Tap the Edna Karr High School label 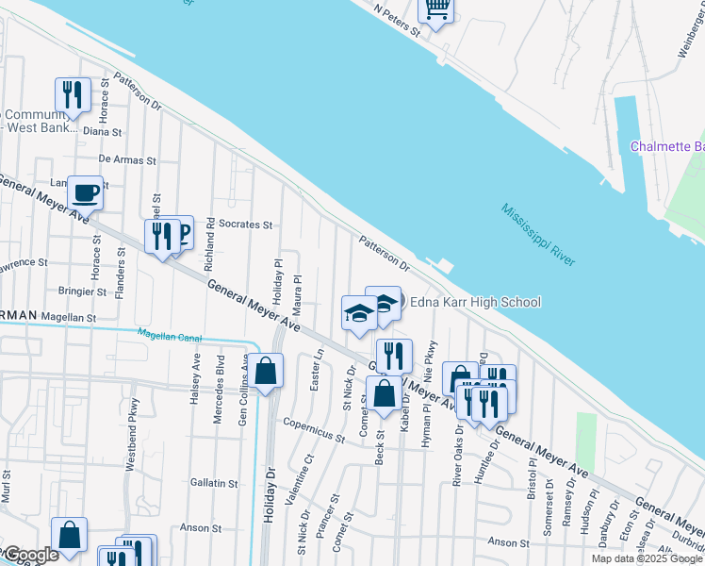[475, 302]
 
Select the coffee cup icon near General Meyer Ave [85, 192]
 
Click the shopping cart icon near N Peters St [436, 9]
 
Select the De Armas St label [126, 159]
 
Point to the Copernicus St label [314, 432]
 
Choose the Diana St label [104, 132]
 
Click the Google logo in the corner [30, 555]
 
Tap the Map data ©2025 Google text [647, 558]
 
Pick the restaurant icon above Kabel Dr [394, 356]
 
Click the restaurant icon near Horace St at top [73, 93]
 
